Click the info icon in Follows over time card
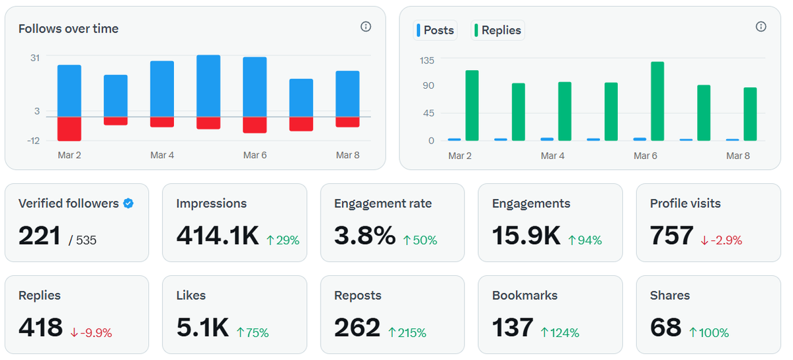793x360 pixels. [x=366, y=26]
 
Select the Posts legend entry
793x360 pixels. [x=435, y=30]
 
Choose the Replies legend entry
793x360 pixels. [x=497, y=30]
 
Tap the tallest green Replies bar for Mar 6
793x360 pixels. [x=657, y=101]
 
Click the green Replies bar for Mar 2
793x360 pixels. [x=472, y=105]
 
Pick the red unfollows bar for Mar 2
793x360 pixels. [x=69, y=128]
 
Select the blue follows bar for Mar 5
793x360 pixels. [x=208, y=86]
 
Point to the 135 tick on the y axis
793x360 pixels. [x=427, y=60]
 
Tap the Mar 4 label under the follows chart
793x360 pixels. [x=162, y=156]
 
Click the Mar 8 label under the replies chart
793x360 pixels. [x=737, y=156]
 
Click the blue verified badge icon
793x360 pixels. [x=128, y=204]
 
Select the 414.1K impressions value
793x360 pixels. [x=218, y=236]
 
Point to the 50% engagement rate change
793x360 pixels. [x=420, y=240]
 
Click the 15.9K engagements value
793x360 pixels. [x=526, y=236]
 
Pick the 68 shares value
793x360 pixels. [x=665, y=328]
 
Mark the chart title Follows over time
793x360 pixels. [x=68, y=29]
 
